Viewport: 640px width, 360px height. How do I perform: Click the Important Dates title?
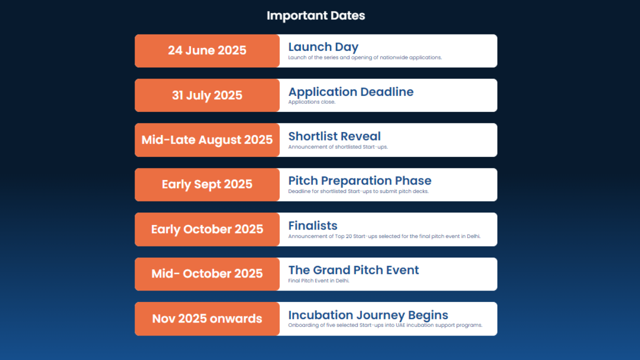(315, 15)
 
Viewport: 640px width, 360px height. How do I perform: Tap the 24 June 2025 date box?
(207, 50)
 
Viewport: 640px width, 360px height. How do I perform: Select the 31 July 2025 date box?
(207, 95)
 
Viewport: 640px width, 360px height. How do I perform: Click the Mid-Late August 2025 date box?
(207, 140)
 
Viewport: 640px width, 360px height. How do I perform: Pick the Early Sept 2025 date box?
(207, 184)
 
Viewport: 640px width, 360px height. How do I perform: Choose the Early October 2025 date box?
(207, 229)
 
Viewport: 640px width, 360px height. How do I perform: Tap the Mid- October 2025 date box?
(207, 273)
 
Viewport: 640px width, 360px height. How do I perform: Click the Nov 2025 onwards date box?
(207, 318)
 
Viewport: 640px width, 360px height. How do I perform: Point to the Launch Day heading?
(323, 47)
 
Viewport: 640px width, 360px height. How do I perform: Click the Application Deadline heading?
(350, 92)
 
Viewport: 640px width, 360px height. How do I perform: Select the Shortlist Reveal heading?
(334, 136)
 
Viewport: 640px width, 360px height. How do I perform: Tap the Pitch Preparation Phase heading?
(359, 180)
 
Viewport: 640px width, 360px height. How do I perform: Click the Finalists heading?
(312, 225)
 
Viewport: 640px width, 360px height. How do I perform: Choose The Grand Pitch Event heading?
(353, 270)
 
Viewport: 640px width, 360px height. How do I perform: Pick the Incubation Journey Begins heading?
(367, 315)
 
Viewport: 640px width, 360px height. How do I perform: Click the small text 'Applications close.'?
(311, 102)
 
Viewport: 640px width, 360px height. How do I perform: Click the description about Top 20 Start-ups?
(384, 236)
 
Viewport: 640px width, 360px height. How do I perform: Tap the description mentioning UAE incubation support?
(385, 325)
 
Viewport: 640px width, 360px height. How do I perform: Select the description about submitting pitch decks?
(358, 191)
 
